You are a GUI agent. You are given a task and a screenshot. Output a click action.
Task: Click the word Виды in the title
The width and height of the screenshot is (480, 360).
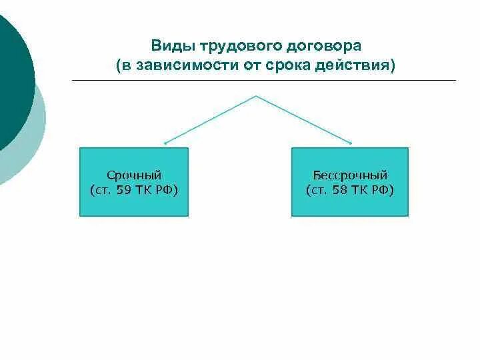[x=168, y=47]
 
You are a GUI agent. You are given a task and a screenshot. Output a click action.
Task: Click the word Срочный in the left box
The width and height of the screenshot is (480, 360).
[x=134, y=175]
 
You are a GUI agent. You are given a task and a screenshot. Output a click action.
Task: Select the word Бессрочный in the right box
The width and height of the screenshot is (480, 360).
[x=350, y=175]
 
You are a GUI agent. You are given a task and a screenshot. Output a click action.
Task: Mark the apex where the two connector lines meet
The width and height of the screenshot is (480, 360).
[x=257, y=96]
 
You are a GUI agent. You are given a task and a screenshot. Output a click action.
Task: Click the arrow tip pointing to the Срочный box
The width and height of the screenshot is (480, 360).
[x=165, y=143]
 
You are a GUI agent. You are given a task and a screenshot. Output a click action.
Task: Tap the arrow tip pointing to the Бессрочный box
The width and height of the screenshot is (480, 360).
[x=351, y=143]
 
